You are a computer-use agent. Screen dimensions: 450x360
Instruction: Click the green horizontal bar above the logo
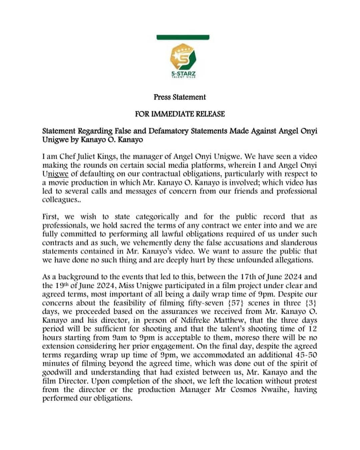coord(183,37)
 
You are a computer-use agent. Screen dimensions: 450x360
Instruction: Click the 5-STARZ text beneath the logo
coord(183,73)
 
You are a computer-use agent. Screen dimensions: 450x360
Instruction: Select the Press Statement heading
coord(180,97)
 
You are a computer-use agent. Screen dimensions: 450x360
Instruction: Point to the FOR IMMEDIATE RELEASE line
coord(180,114)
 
